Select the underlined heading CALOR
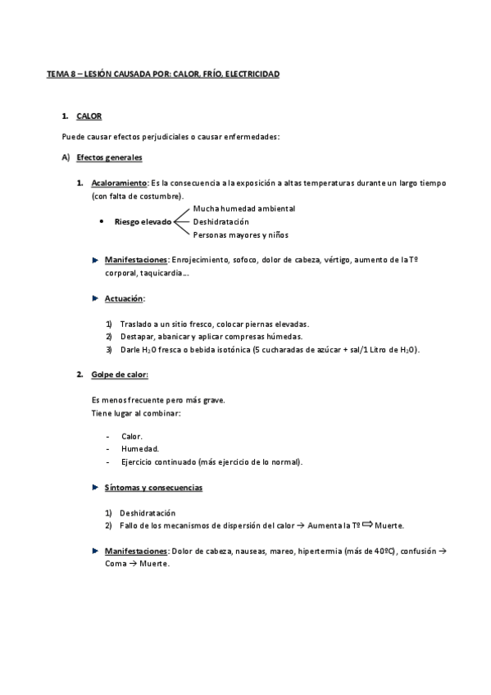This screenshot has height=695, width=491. [89, 117]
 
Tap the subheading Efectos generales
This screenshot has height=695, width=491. [109, 157]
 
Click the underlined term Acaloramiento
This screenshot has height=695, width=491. [120, 183]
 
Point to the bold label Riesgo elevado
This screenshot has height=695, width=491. [143, 221]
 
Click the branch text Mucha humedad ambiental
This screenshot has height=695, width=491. [243, 208]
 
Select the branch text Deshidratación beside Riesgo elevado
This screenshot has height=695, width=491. [220, 221]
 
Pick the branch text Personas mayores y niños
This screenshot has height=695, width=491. [241, 235]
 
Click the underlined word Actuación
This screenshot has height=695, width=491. [124, 298]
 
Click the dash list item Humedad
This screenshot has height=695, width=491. [140, 449]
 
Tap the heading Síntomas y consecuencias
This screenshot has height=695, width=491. [153, 488]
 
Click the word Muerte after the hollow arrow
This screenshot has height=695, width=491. [390, 525]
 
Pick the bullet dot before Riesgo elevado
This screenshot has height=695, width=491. [100, 222]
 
